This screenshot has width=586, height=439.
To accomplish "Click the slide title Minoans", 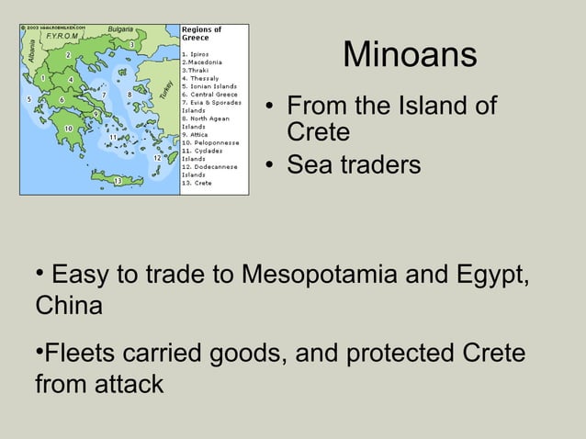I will (x=410, y=55).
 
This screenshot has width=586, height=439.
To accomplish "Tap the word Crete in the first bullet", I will (x=318, y=132).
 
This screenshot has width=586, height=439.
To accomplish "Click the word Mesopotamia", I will (x=321, y=275).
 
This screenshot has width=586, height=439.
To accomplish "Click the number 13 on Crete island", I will (x=118, y=180).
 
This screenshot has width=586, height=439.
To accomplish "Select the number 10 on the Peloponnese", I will (x=68, y=128).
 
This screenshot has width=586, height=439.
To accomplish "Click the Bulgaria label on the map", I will (x=120, y=29).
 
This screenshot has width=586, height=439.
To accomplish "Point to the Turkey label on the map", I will (x=165, y=89).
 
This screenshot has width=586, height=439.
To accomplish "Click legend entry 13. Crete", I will (x=197, y=183).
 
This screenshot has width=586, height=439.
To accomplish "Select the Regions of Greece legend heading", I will (x=201, y=33).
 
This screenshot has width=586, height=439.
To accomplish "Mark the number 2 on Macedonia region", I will (x=67, y=54).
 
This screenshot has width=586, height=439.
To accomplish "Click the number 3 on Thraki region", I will (x=131, y=45).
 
